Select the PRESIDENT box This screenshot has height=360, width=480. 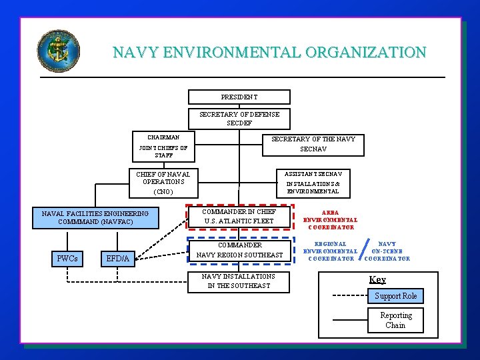point(239,97)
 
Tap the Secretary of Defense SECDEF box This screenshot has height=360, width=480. point(239,118)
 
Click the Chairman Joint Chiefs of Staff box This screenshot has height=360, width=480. point(163,147)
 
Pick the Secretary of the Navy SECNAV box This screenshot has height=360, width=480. point(313,144)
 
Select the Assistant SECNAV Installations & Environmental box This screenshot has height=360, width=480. point(313,182)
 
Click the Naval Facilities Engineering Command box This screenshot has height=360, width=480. point(95,217)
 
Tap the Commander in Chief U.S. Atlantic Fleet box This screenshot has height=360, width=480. point(239,217)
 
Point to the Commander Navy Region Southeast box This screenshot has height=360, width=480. point(239,250)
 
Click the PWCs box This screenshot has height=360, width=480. point(67,258)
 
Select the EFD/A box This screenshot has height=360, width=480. point(118,258)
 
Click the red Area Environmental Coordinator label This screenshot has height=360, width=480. point(330,220)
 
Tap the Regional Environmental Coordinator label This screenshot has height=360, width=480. point(330,251)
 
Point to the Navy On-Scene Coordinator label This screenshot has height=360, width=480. point(387,251)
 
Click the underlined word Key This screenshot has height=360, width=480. point(377,279)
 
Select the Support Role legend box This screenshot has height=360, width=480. point(396,296)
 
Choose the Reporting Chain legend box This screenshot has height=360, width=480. point(396,320)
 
